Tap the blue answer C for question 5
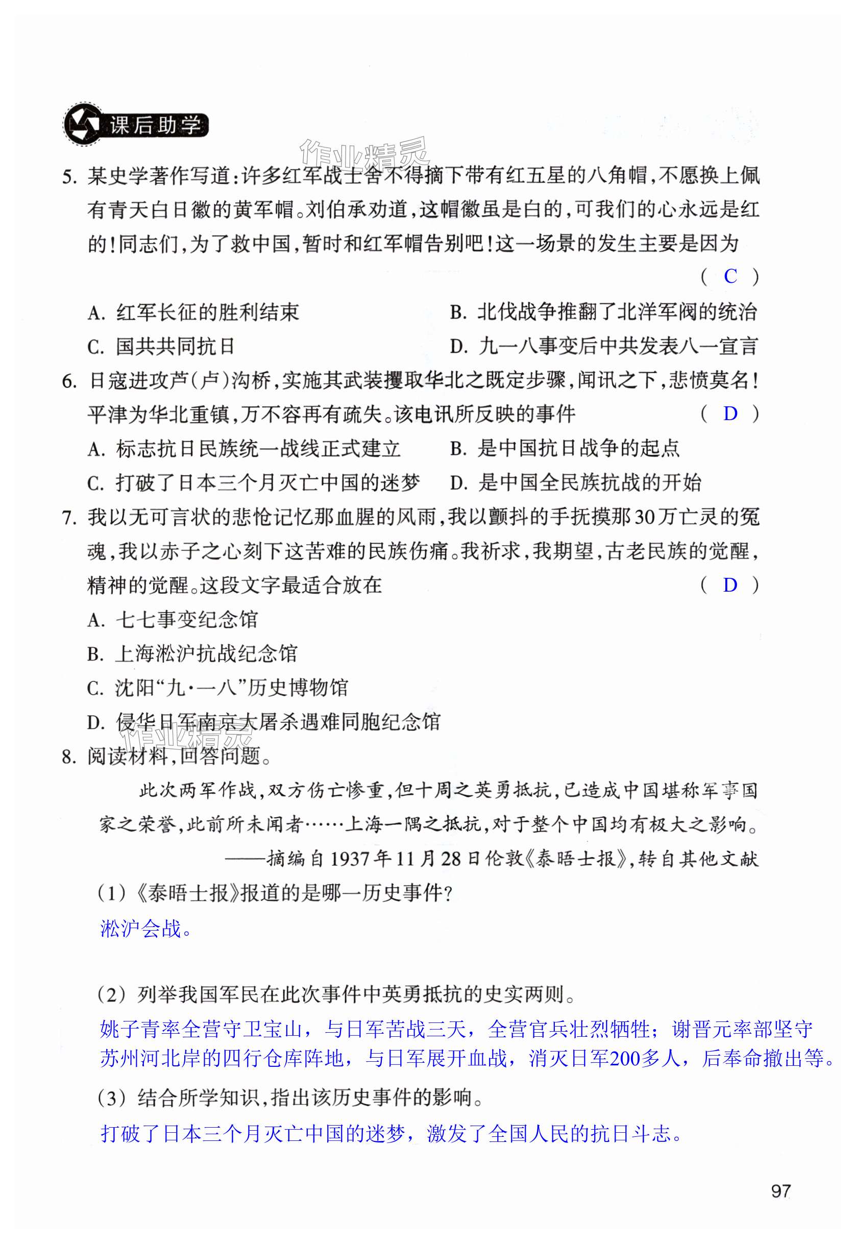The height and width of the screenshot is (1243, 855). [x=730, y=277]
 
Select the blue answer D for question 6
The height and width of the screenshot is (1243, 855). [x=730, y=413]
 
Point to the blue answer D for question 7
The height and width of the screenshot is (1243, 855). [x=730, y=585]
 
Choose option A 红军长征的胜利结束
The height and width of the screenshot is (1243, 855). [x=193, y=312]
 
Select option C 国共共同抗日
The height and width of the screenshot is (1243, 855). [x=161, y=347]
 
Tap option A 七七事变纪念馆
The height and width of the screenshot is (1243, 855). [x=173, y=620]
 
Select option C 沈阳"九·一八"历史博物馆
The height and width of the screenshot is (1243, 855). [x=217, y=689]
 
